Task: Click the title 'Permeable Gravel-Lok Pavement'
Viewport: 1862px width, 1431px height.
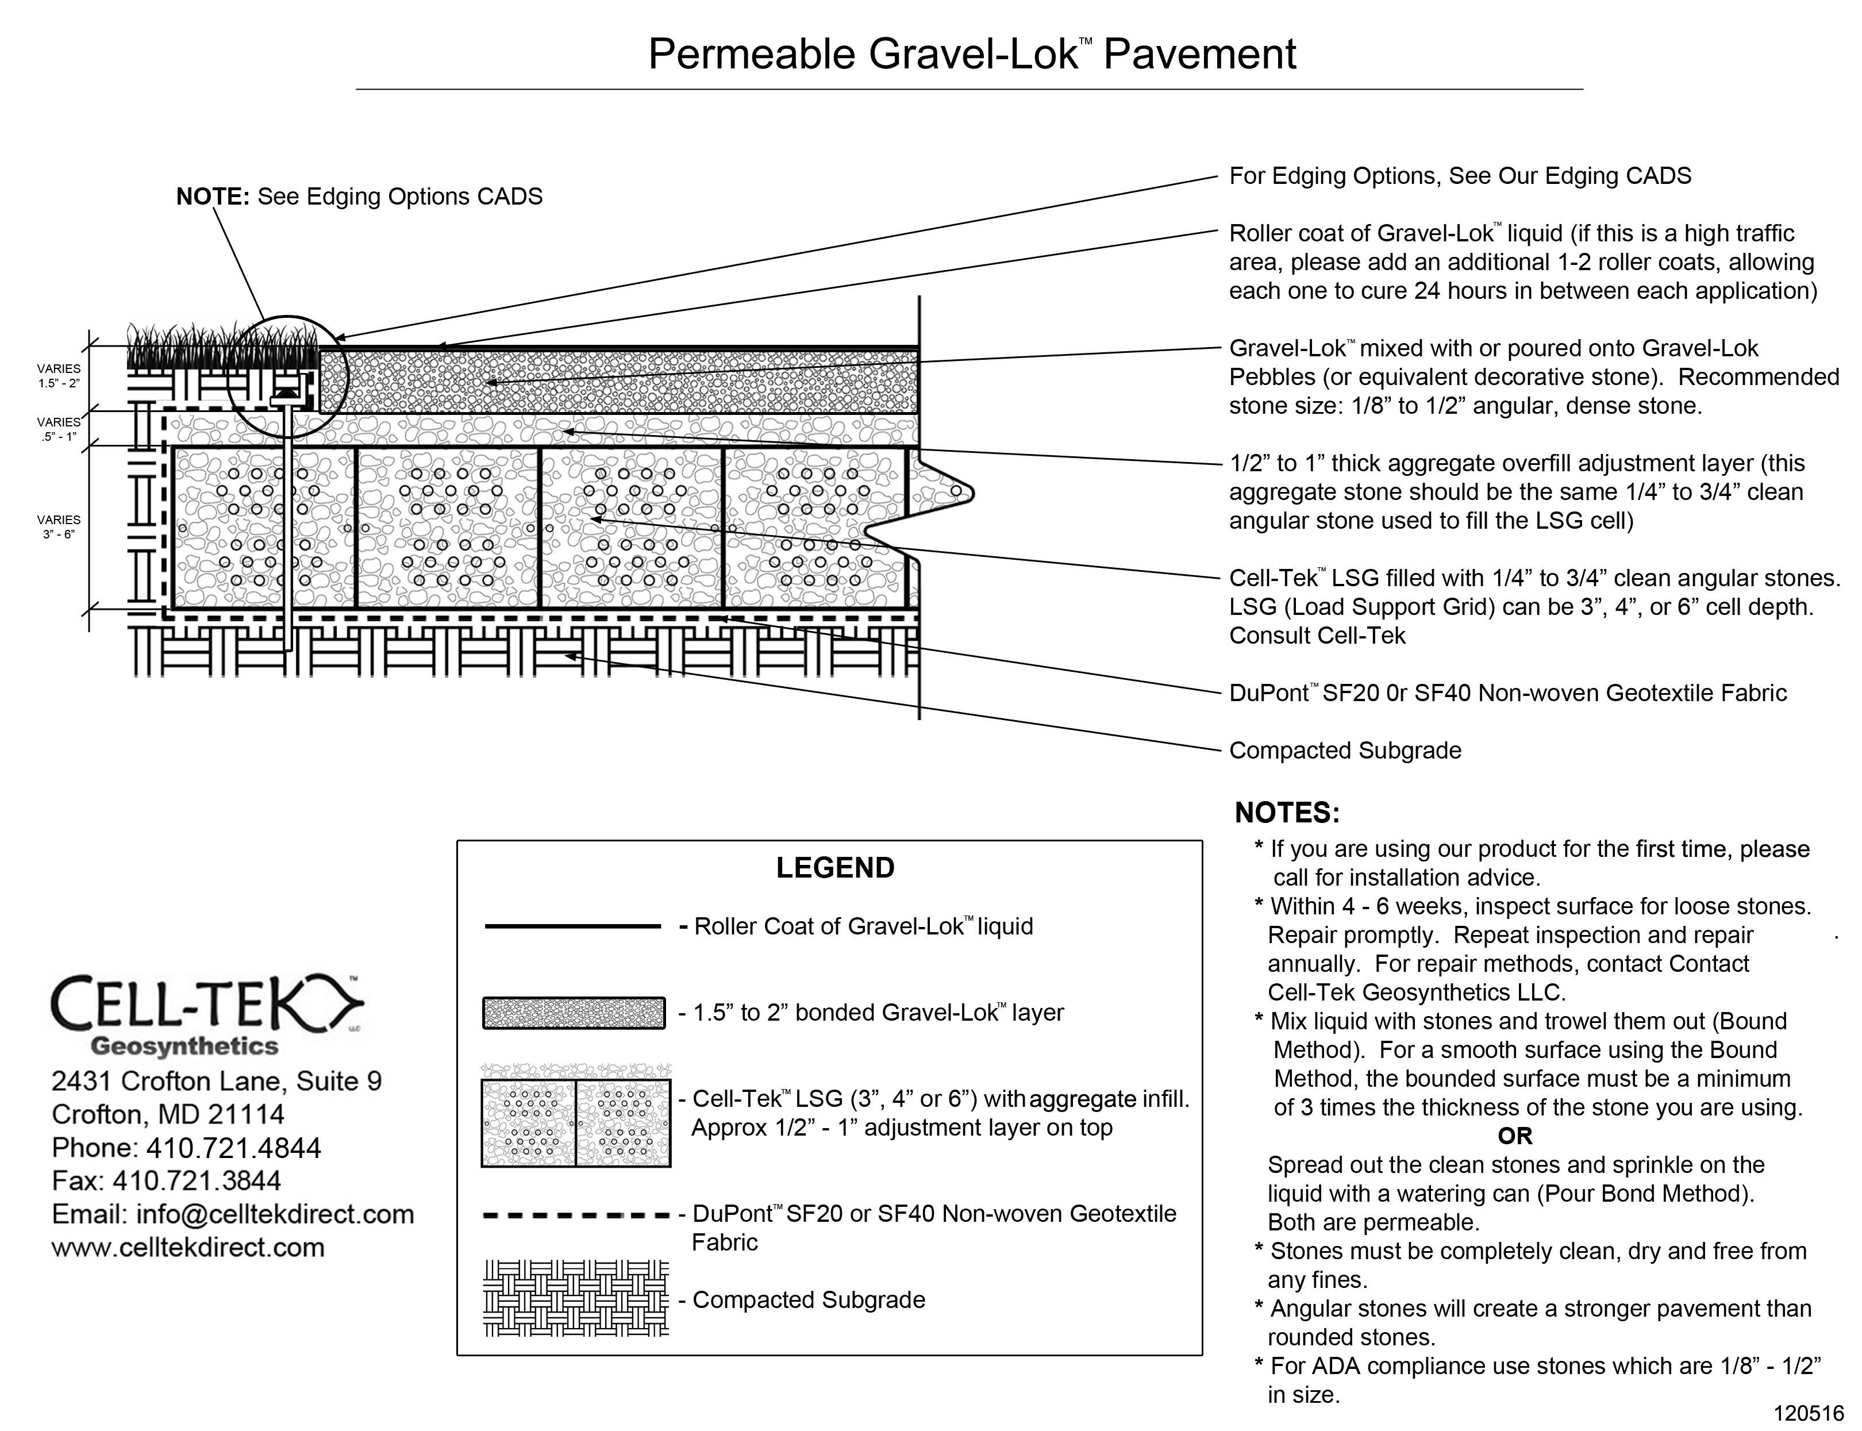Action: (971, 53)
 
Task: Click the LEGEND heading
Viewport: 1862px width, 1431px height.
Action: (835, 868)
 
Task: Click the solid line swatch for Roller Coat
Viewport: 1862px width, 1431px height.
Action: (572, 926)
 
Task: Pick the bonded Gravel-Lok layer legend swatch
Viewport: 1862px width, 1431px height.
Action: (573, 1013)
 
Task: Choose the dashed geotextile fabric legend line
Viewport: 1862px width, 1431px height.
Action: (576, 1215)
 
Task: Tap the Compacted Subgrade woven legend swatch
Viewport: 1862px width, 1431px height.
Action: (576, 1298)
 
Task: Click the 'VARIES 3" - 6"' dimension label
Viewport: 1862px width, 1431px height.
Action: (59, 527)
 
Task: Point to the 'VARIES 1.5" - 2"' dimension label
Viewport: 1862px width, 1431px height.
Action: (59, 376)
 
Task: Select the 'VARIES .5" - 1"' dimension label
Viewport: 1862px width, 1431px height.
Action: (59, 429)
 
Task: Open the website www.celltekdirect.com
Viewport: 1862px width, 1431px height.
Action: (188, 1247)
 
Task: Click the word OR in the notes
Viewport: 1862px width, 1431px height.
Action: (1514, 1136)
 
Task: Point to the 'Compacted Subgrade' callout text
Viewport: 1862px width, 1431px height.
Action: (1345, 751)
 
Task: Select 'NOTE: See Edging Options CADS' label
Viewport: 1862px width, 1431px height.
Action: (359, 197)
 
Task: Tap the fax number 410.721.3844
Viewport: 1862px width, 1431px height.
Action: (197, 1180)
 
